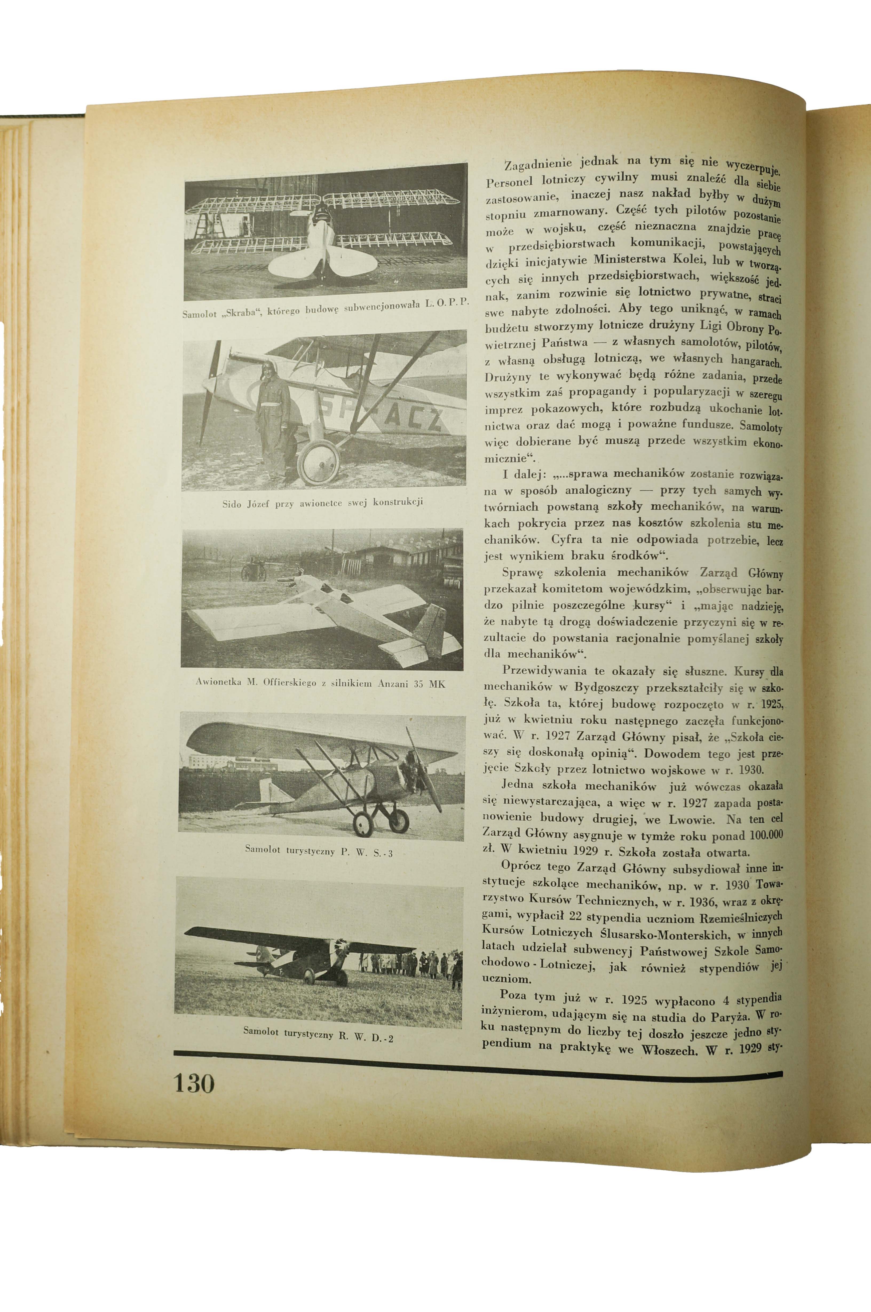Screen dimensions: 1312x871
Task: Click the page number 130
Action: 194,1084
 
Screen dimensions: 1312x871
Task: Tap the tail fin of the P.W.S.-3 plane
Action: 268,790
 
